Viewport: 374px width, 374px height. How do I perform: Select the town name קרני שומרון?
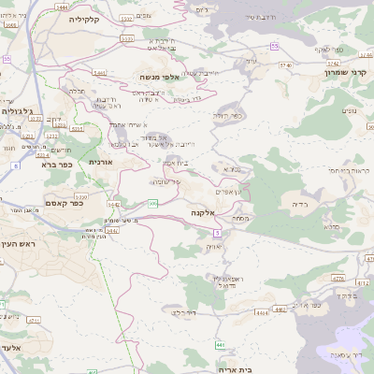tap(343, 72)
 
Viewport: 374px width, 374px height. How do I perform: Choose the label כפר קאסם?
tap(65, 203)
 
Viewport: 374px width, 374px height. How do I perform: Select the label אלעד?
tap(10, 347)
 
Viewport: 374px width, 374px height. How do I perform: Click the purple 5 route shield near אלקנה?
tap(216, 232)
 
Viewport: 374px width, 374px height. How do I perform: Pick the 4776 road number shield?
tap(338, 279)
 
